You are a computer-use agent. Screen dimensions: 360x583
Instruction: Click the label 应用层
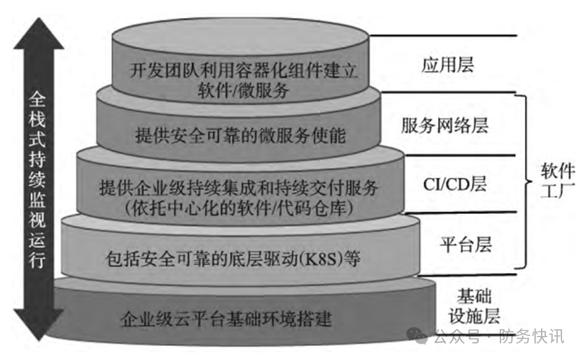click(x=448, y=65)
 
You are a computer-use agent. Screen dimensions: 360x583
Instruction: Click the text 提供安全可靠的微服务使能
click(x=241, y=135)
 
